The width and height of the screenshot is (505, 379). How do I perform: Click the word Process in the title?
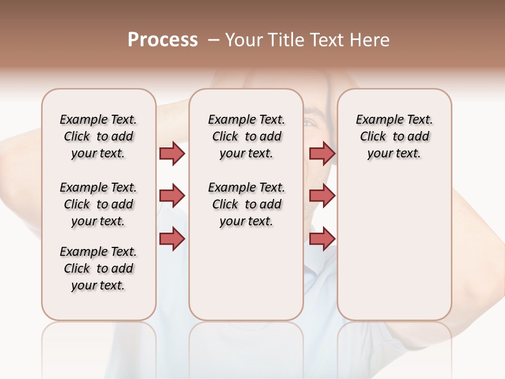click(x=163, y=40)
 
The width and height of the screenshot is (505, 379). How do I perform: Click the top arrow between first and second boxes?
click(x=172, y=153)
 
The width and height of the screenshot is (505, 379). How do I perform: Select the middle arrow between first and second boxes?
click(x=172, y=196)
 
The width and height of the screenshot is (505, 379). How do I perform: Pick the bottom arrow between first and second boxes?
click(x=172, y=238)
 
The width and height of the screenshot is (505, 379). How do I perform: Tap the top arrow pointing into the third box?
click(x=322, y=153)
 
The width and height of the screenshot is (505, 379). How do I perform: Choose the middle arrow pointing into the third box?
click(x=322, y=196)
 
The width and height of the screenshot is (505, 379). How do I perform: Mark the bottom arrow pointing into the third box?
click(x=322, y=238)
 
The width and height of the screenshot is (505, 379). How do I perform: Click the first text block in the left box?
click(x=98, y=136)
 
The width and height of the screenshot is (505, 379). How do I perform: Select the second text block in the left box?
click(x=98, y=204)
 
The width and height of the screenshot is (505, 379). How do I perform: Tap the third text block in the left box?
click(x=98, y=268)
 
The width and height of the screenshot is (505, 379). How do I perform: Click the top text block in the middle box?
click(x=246, y=136)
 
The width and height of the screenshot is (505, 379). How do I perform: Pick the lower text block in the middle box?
click(x=246, y=204)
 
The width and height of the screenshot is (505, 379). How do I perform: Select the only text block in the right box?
click(x=394, y=136)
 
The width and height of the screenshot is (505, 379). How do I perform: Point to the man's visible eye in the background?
click(x=309, y=123)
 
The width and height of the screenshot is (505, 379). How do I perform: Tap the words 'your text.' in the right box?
click(x=394, y=154)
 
